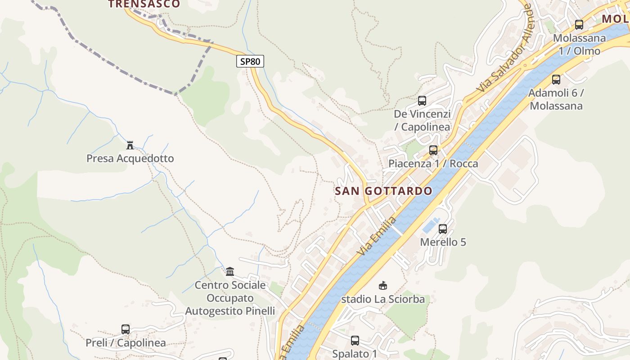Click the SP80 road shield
click(x=250, y=61)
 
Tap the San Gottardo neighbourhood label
click(x=383, y=191)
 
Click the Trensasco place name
click(x=144, y=4)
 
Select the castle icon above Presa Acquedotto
click(x=130, y=145)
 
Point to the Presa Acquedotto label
click(x=130, y=158)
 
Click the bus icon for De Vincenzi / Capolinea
click(x=422, y=101)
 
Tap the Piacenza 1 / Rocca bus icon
click(x=433, y=150)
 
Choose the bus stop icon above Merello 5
click(x=443, y=229)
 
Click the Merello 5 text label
click(x=443, y=242)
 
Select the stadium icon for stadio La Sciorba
click(x=383, y=285)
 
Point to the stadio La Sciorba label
click(x=383, y=299)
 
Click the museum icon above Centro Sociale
click(x=230, y=271)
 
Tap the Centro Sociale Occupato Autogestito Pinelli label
click(x=230, y=298)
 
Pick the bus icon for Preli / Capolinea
click(x=126, y=329)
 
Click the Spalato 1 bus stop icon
click(x=355, y=341)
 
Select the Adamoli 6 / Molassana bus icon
click(x=556, y=80)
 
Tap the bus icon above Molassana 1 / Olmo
click(x=579, y=25)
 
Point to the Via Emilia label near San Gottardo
click(x=377, y=236)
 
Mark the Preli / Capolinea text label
click(x=126, y=343)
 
